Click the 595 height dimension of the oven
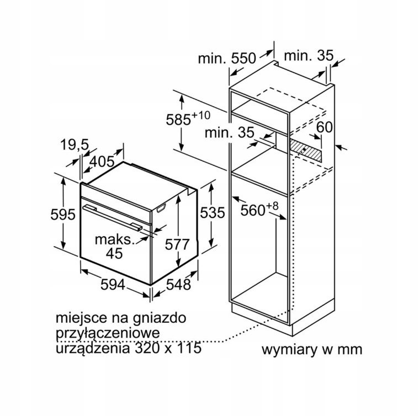63,215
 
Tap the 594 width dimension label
113,285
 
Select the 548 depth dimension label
178,285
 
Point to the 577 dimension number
177,244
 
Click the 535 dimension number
213,213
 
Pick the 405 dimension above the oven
102,162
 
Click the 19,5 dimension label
75,145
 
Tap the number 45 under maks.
114,253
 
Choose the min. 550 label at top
227,58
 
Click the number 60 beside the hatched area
325,127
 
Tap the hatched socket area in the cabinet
306,150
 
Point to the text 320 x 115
168,348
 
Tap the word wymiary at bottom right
289,349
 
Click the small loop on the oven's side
161,208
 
